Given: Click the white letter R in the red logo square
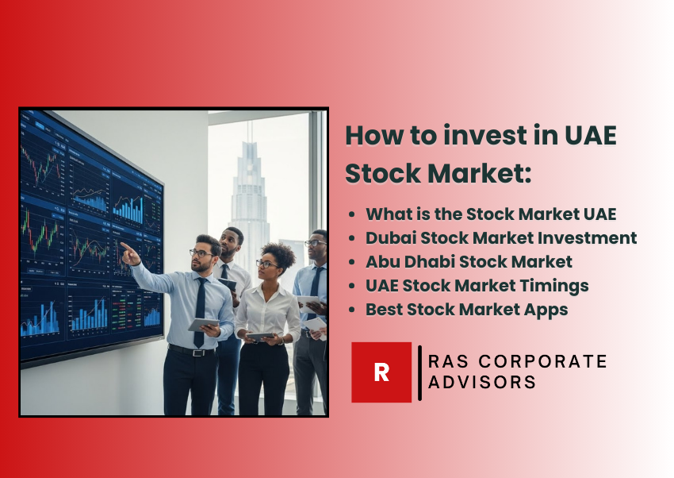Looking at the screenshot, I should coord(381,372).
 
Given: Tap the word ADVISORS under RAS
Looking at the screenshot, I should coord(482,382).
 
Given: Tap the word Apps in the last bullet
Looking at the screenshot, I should coord(547,309).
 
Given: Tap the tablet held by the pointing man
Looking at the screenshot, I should coord(203,325).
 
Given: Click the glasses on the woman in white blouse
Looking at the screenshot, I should coord(268,264).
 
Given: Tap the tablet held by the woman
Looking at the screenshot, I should coord(260,336).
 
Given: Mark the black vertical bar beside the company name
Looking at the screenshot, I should coord(419,372).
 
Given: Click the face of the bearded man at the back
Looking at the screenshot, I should coord(229,243).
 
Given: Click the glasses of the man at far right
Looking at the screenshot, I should coord(315,243).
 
